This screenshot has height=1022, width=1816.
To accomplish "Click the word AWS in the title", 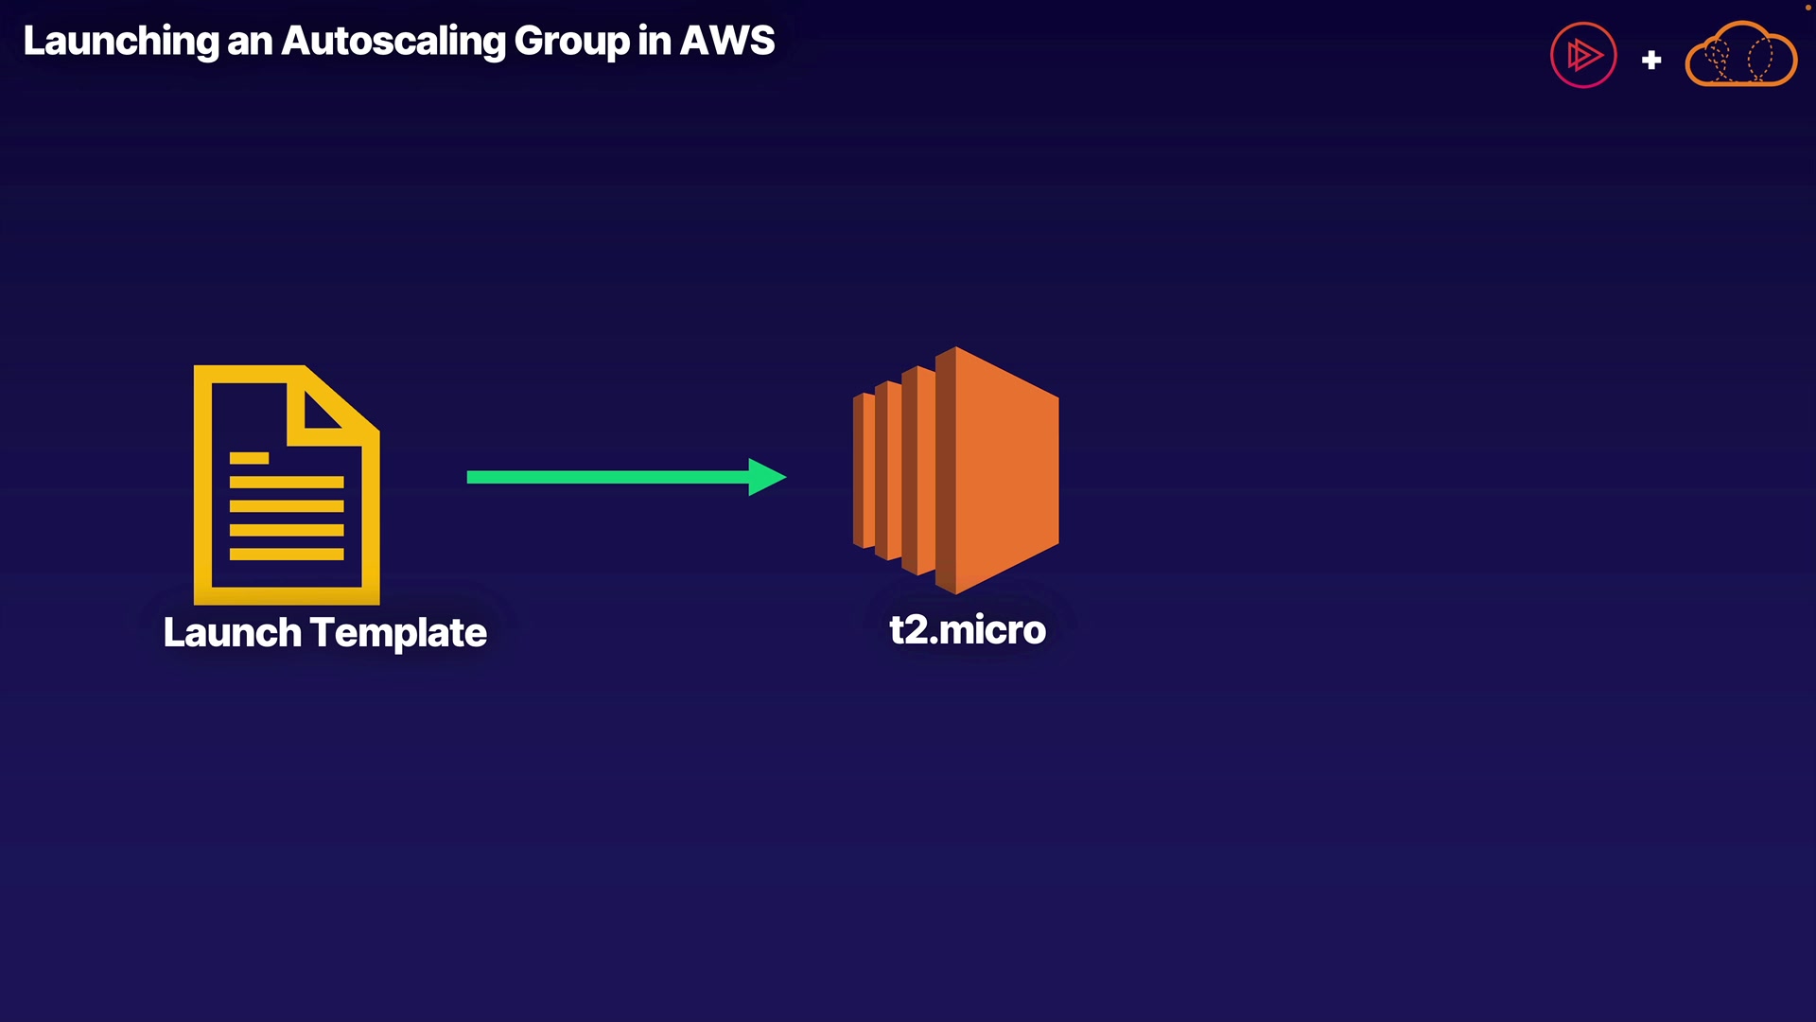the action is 727,41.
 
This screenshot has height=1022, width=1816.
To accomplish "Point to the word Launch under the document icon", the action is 233,632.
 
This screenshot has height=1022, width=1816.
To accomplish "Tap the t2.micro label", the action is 968,630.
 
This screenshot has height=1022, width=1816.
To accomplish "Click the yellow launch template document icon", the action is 287,485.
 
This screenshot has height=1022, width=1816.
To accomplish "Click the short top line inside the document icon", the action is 249,458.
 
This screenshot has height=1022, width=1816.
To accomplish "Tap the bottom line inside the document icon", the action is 287,554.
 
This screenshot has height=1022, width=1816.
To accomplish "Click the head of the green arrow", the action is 767,477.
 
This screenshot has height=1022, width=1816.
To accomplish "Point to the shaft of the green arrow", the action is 608,477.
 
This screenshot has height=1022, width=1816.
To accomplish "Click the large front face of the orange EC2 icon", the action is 1006,470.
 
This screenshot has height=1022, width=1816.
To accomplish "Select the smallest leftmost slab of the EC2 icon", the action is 864,470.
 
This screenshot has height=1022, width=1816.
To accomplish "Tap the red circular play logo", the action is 1583,55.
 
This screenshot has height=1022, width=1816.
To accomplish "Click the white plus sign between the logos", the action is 1651,60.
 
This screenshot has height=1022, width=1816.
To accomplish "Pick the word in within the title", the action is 655,42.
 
